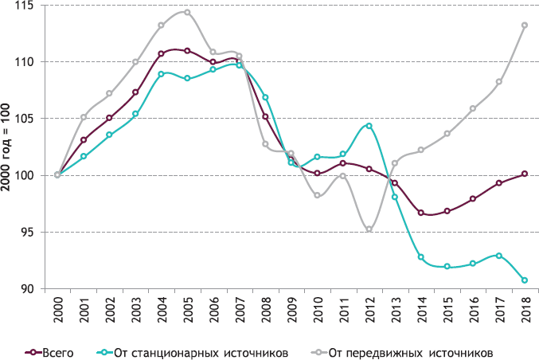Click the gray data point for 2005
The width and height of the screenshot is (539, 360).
(x=187, y=12)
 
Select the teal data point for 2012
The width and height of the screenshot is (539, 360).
(x=369, y=126)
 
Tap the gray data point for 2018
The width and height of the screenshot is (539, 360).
(x=525, y=25)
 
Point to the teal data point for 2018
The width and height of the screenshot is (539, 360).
(x=525, y=280)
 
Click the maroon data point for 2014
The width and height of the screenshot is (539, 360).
(x=420, y=213)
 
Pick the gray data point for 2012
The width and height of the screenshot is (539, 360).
(x=369, y=229)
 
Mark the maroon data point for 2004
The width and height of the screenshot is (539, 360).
(x=161, y=54)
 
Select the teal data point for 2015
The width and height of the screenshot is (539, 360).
(x=447, y=267)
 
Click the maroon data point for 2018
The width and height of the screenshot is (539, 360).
(x=525, y=174)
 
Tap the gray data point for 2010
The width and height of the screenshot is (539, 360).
(x=317, y=195)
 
